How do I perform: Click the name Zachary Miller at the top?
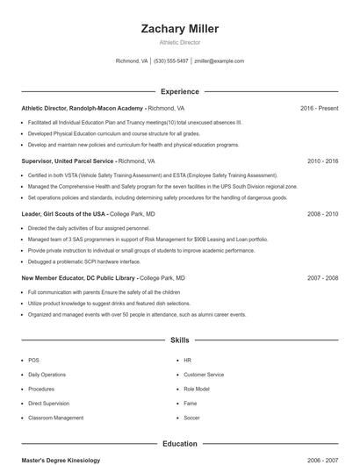point(179,29)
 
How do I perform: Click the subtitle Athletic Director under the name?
point(179,42)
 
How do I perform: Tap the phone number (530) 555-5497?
point(170,61)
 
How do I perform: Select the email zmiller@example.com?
point(219,61)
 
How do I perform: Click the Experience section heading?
point(179,91)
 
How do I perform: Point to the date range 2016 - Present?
point(319,108)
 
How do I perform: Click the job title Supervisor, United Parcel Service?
point(68,161)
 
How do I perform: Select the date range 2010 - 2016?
point(322,161)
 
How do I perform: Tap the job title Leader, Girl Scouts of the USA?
point(63,214)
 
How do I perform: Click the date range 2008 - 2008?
point(322,214)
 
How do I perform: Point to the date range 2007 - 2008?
point(322,277)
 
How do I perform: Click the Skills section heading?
point(179,340)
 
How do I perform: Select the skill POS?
point(33,361)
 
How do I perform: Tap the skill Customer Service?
point(204,375)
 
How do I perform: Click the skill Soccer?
point(191,418)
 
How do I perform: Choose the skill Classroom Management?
point(55,418)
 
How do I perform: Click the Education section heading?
point(179,444)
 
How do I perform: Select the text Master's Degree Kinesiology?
point(61,460)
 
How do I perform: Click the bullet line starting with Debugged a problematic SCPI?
point(83,261)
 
